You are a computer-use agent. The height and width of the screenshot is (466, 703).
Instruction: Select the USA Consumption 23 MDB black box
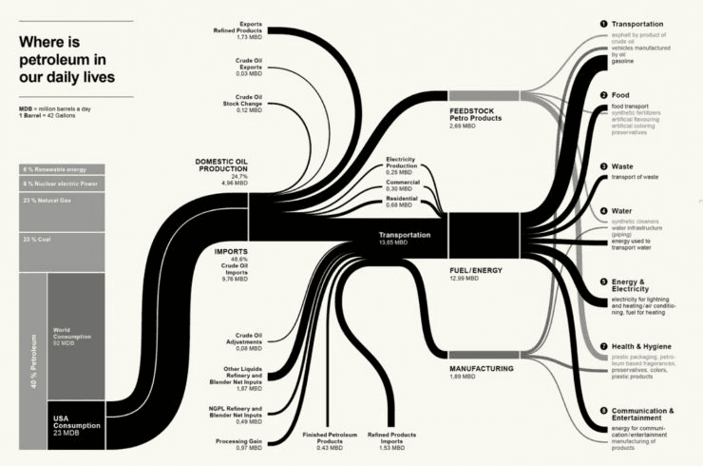(x=75, y=425)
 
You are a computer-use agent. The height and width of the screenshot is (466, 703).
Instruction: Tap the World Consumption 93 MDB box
(x=75, y=337)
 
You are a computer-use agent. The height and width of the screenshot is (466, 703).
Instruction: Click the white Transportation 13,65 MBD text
(x=404, y=237)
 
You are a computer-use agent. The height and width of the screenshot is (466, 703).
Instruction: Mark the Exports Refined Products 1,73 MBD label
(x=239, y=30)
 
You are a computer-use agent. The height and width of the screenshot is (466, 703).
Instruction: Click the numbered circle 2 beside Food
(x=603, y=95)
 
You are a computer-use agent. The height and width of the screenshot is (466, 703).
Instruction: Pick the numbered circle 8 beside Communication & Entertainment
(x=603, y=411)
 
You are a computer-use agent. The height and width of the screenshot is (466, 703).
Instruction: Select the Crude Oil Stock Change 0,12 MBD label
(x=241, y=104)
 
